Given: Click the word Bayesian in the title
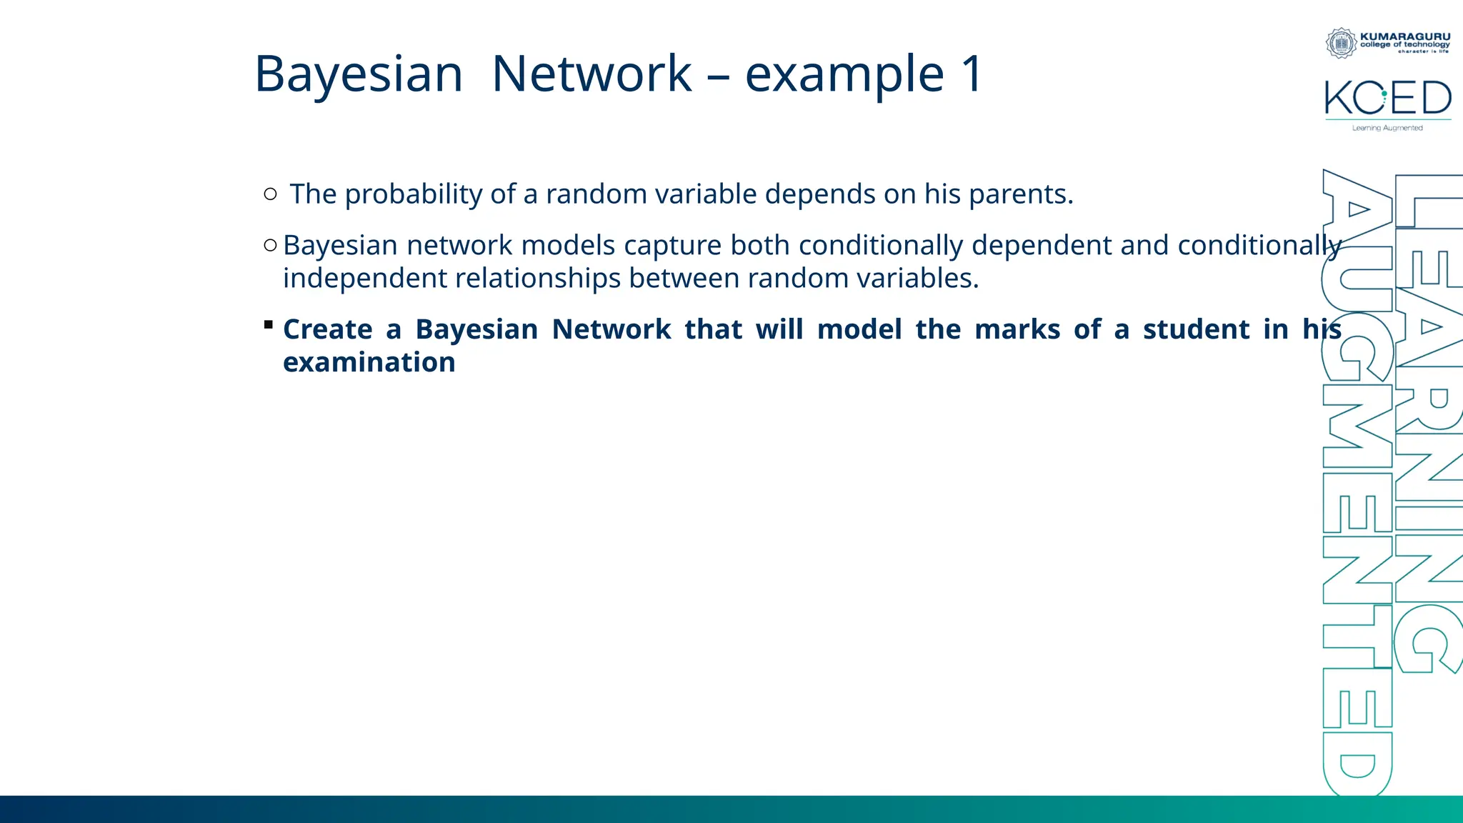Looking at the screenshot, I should pos(359,74).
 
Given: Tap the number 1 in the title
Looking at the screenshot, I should pos(972,74).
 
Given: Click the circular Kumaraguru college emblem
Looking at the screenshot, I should pos(1341,43).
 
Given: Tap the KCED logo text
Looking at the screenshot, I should pos(1387,99).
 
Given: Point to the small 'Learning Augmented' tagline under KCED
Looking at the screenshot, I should pos(1387,128).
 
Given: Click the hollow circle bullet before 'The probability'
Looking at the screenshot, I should pos(270,194).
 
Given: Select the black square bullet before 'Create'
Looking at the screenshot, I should pos(269,325).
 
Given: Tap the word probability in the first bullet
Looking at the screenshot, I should pos(413,194).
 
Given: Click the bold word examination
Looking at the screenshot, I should pos(369,363).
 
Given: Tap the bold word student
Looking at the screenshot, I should pos(1195,330).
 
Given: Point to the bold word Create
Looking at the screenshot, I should pos(327,330).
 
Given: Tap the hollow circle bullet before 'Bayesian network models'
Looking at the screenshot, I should pos(270,246).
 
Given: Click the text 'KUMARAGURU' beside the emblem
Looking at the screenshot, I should pos(1404,36).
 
